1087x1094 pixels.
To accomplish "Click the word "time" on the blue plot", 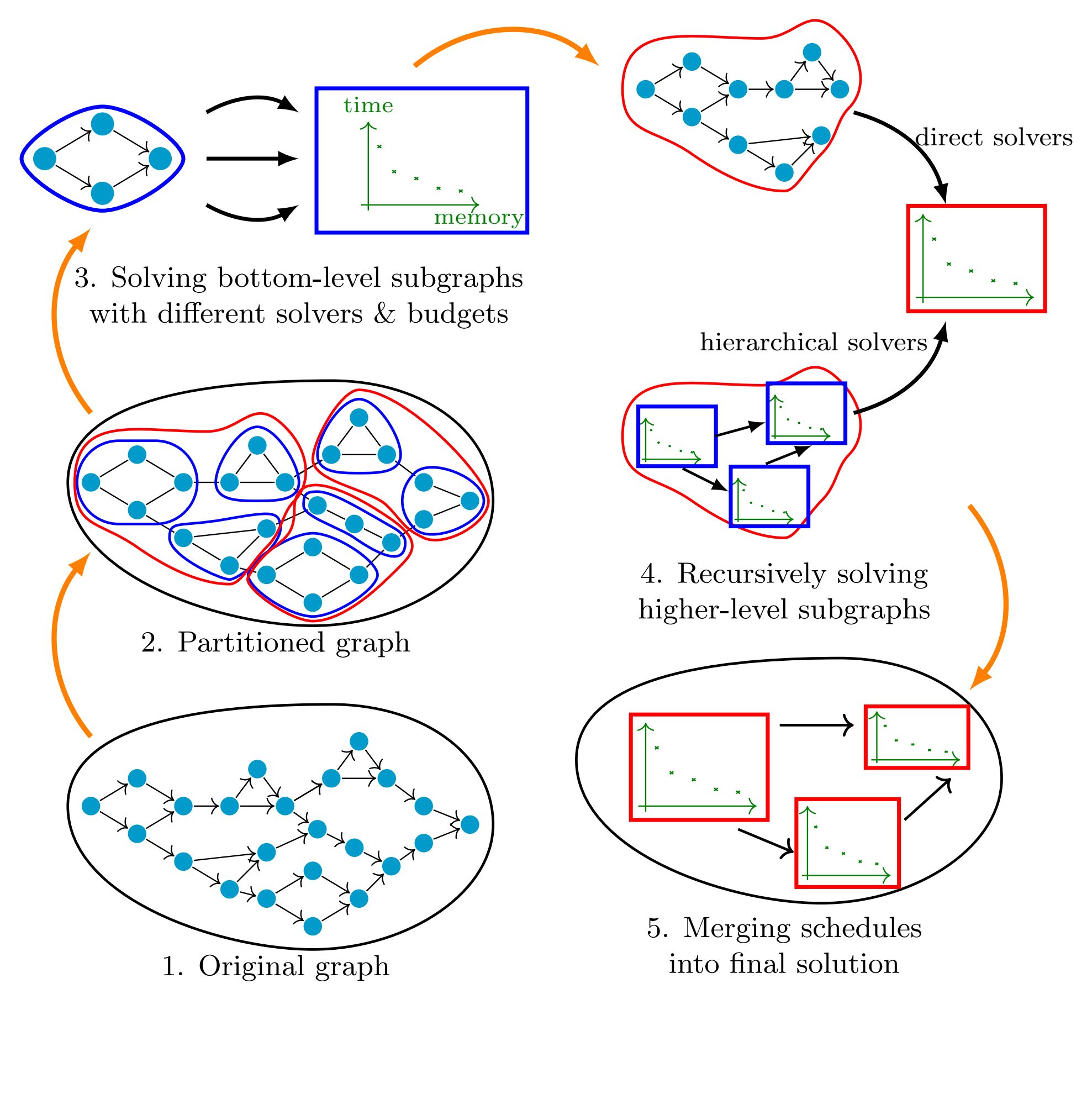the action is tap(368, 106).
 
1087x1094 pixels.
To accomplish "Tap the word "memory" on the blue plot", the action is tap(478, 218).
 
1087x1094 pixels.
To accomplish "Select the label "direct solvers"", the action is tap(994, 138).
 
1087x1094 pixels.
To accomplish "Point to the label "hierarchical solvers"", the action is tap(814, 342).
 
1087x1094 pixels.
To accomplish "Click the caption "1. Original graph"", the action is tap(276, 966).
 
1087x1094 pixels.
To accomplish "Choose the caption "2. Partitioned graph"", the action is tap(276, 643).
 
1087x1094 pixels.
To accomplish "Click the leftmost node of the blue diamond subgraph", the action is tap(45, 159).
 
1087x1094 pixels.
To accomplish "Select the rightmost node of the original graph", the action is tap(469, 824).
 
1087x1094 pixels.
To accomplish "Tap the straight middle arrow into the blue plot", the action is tap(252, 159).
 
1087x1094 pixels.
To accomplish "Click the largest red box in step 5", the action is tap(699, 767).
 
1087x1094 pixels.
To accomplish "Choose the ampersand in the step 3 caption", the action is tap(384, 314).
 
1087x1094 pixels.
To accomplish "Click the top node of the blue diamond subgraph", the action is tap(103, 123).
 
